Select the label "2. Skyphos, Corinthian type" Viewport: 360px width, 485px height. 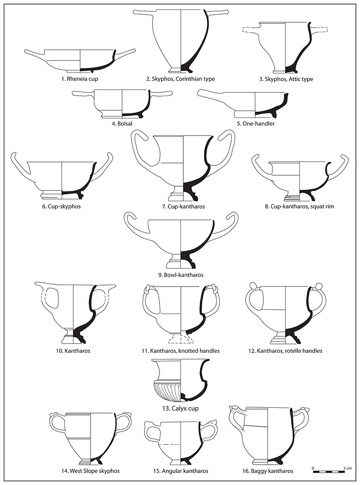[x=180, y=79]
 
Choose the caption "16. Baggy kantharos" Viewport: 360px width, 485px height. [x=267, y=471]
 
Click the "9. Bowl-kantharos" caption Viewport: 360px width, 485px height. [x=180, y=275]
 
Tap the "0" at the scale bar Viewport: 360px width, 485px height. [x=313, y=468]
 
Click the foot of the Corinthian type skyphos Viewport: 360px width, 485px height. [x=180, y=68]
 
